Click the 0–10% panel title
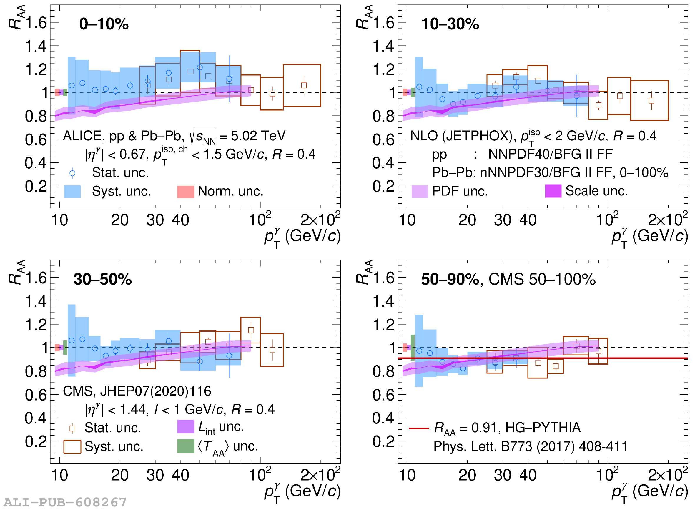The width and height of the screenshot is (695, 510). [104, 24]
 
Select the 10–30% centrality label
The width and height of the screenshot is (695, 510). [450, 24]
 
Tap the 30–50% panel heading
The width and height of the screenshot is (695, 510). [102, 279]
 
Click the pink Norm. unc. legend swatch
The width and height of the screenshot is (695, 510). [186, 192]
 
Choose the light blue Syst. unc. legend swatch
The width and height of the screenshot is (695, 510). [72, 192]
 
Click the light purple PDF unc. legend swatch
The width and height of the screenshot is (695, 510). [420, 192]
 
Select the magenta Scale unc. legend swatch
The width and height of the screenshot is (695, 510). [553, 191]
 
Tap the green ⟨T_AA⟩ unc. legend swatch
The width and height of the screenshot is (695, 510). [186, 446]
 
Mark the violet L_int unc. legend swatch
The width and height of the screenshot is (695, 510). [186, 427]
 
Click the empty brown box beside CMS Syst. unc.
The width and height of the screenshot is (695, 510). [72, 447]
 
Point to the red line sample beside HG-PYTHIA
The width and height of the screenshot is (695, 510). [419, 428]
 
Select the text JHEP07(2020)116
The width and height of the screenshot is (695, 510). [156, 391]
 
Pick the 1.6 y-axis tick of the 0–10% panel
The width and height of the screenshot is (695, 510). [36, 23]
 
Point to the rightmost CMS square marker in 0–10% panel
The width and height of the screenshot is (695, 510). [304, 86]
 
